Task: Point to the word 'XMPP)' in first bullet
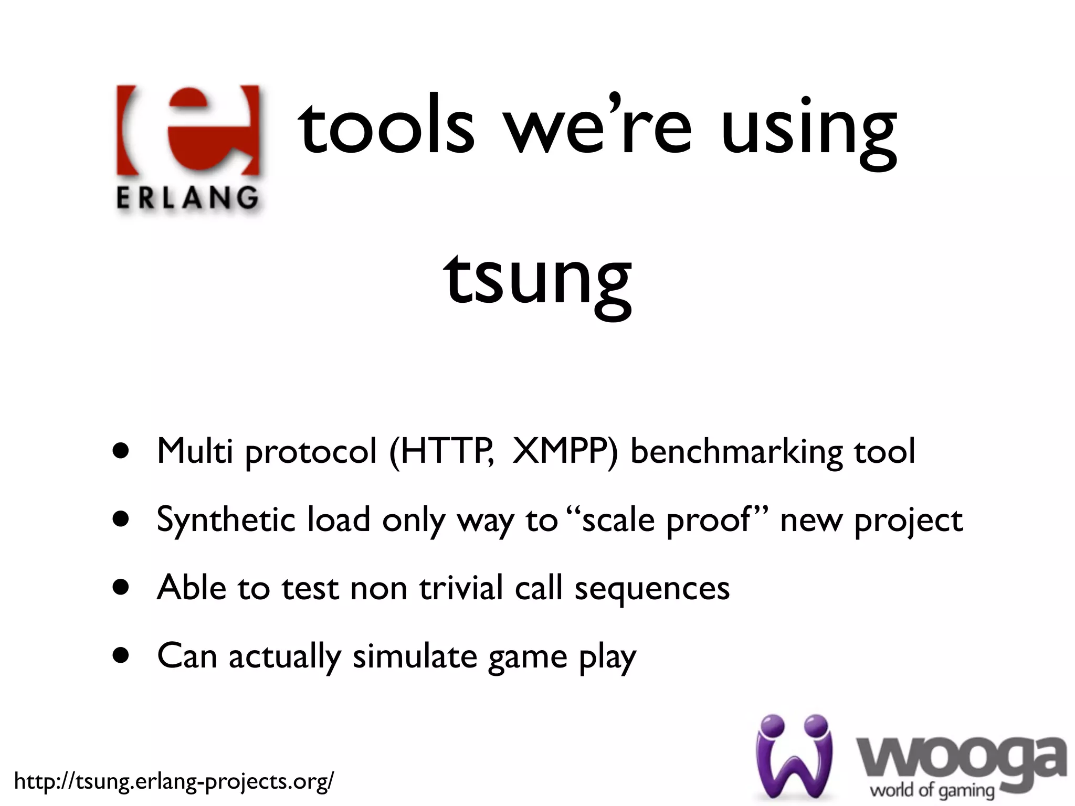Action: pos(565,451)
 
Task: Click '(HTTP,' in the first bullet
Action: pos(441,451)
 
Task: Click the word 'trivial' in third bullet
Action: pos(461,588)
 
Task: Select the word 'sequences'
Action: pos(652,589)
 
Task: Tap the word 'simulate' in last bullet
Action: pos(415,656)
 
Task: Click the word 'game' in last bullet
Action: pos(528,658)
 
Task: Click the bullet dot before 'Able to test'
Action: pos(121,587)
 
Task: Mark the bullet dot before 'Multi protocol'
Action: pos(121,451)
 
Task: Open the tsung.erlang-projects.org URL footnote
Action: pos(173,781)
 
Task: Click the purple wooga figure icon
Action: pos(794,756)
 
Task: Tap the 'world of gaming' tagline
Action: pos(932,790)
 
